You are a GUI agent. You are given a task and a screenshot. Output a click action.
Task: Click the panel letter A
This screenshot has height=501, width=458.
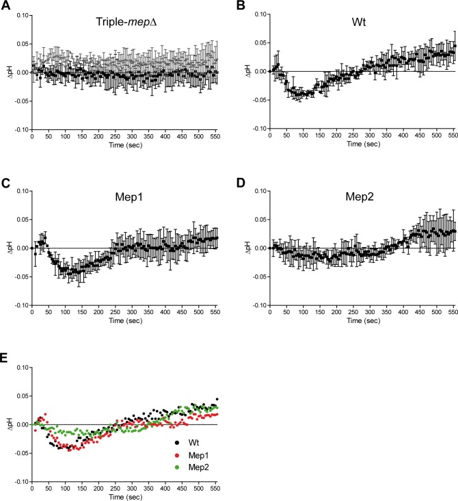(x=5, y=5)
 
